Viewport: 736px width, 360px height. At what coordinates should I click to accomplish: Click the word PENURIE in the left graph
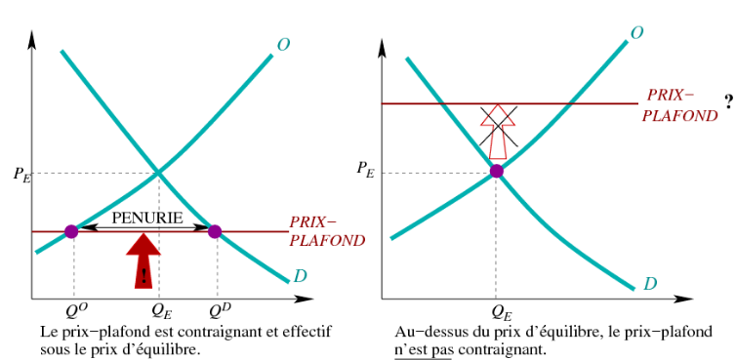click(147, 218)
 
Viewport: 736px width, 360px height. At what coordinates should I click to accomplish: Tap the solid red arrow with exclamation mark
click(143, 260)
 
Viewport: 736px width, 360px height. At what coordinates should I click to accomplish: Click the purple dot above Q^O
click(71, 231)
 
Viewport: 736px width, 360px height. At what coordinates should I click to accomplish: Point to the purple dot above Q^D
click(215, 231)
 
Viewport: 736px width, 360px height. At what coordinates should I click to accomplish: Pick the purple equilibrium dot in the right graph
click(496, 171)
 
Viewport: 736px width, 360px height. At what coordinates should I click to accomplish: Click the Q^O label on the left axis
click(77, 311)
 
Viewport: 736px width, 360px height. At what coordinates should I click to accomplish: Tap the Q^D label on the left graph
click(221, 311)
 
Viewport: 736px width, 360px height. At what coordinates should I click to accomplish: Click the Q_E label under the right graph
click(502, 311)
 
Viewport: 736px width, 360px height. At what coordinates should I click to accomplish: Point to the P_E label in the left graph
click(22, 175)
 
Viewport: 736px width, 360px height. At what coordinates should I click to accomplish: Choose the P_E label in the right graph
click(365, 169)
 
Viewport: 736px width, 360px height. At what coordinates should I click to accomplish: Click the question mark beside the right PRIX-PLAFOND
click(728, 103)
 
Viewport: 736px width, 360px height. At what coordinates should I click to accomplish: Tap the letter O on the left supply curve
click(283, 45)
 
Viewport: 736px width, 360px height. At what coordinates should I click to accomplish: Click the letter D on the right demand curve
click(650, 284)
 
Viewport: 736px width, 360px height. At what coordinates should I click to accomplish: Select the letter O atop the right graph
click(636, 32)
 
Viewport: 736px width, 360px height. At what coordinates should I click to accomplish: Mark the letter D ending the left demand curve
click(300, 276)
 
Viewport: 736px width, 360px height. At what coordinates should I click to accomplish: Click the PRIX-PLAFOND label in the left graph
click(327, 231)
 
